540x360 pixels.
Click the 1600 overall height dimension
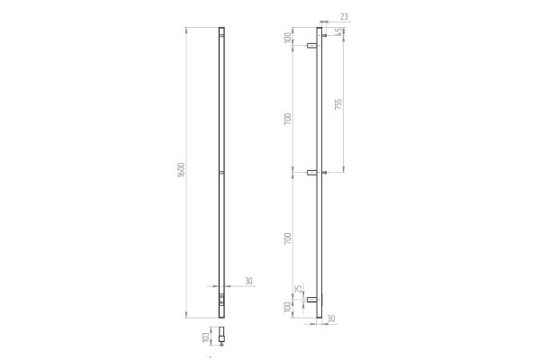[182, 170]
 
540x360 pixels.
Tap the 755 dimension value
[338, 104]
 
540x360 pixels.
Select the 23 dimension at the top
[344, 16]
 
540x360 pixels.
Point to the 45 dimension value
[339, 31]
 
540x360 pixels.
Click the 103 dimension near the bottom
[205, 337]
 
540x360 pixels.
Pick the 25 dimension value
[300, 288]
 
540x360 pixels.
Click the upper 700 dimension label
[288, 119]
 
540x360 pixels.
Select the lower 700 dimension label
[288, 238]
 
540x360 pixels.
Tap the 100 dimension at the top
[288, 38]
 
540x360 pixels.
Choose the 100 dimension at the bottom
[288, 308]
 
